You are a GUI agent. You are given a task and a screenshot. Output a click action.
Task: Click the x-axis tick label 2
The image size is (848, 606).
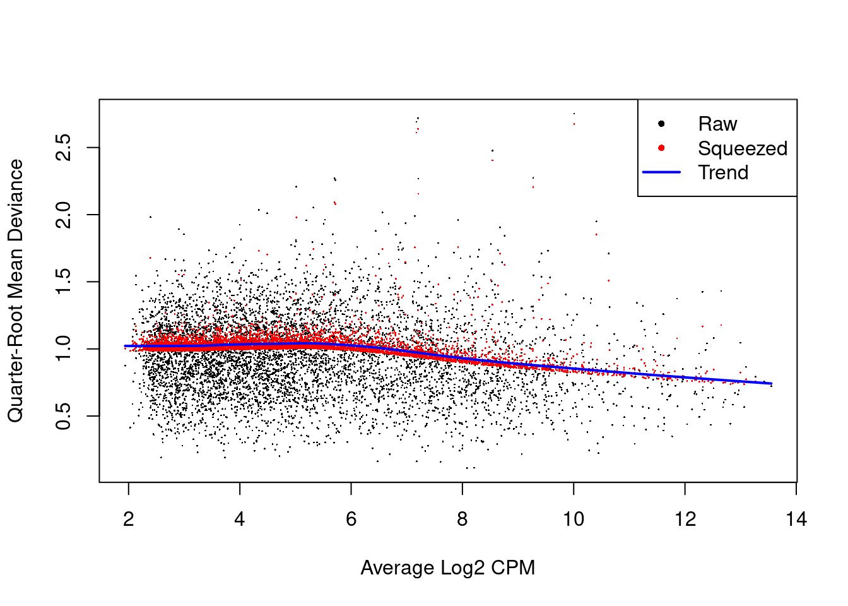pos(129,520)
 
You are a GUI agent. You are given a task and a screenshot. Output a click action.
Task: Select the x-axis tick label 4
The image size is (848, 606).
pos(240,520)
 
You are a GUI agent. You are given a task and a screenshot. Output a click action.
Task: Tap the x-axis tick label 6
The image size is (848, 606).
pos(351,520)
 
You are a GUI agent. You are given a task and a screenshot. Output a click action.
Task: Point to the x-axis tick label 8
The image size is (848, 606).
pos(462,520)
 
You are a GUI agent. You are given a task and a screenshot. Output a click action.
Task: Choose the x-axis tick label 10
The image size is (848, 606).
pos(574,520)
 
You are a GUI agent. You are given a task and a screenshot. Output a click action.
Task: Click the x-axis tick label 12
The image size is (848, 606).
pos(685,520)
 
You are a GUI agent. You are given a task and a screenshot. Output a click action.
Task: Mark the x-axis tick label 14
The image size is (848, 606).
pos(796,520)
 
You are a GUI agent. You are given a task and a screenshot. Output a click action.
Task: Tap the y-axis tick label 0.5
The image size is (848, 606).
pos(64,416)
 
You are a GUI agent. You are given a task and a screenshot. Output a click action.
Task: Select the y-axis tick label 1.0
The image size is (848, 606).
pos(64,349)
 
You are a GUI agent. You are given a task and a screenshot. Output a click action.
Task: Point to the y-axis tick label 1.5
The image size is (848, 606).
pos(64,282)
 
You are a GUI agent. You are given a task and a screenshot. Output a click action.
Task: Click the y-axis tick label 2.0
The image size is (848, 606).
pos(64,215)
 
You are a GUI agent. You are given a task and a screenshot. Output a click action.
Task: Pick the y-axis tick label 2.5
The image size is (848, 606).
pos(64,148)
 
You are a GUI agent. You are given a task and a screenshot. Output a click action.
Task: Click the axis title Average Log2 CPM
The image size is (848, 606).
pos(448,568)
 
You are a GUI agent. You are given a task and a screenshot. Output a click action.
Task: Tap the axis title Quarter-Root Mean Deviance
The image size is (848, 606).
pos(15,290)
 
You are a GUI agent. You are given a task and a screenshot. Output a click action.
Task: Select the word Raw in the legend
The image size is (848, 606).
pos(717,124)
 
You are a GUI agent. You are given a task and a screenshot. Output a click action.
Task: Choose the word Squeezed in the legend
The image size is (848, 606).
pos(743,148)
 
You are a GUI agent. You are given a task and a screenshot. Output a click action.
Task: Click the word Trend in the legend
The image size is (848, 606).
pos(723,172)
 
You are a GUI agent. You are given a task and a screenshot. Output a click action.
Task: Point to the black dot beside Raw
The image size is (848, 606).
pos(661,124)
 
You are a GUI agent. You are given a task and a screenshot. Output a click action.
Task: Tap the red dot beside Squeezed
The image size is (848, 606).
pos(661,148)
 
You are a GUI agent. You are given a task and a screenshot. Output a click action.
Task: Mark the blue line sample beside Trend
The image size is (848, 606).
pos(661,172)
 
